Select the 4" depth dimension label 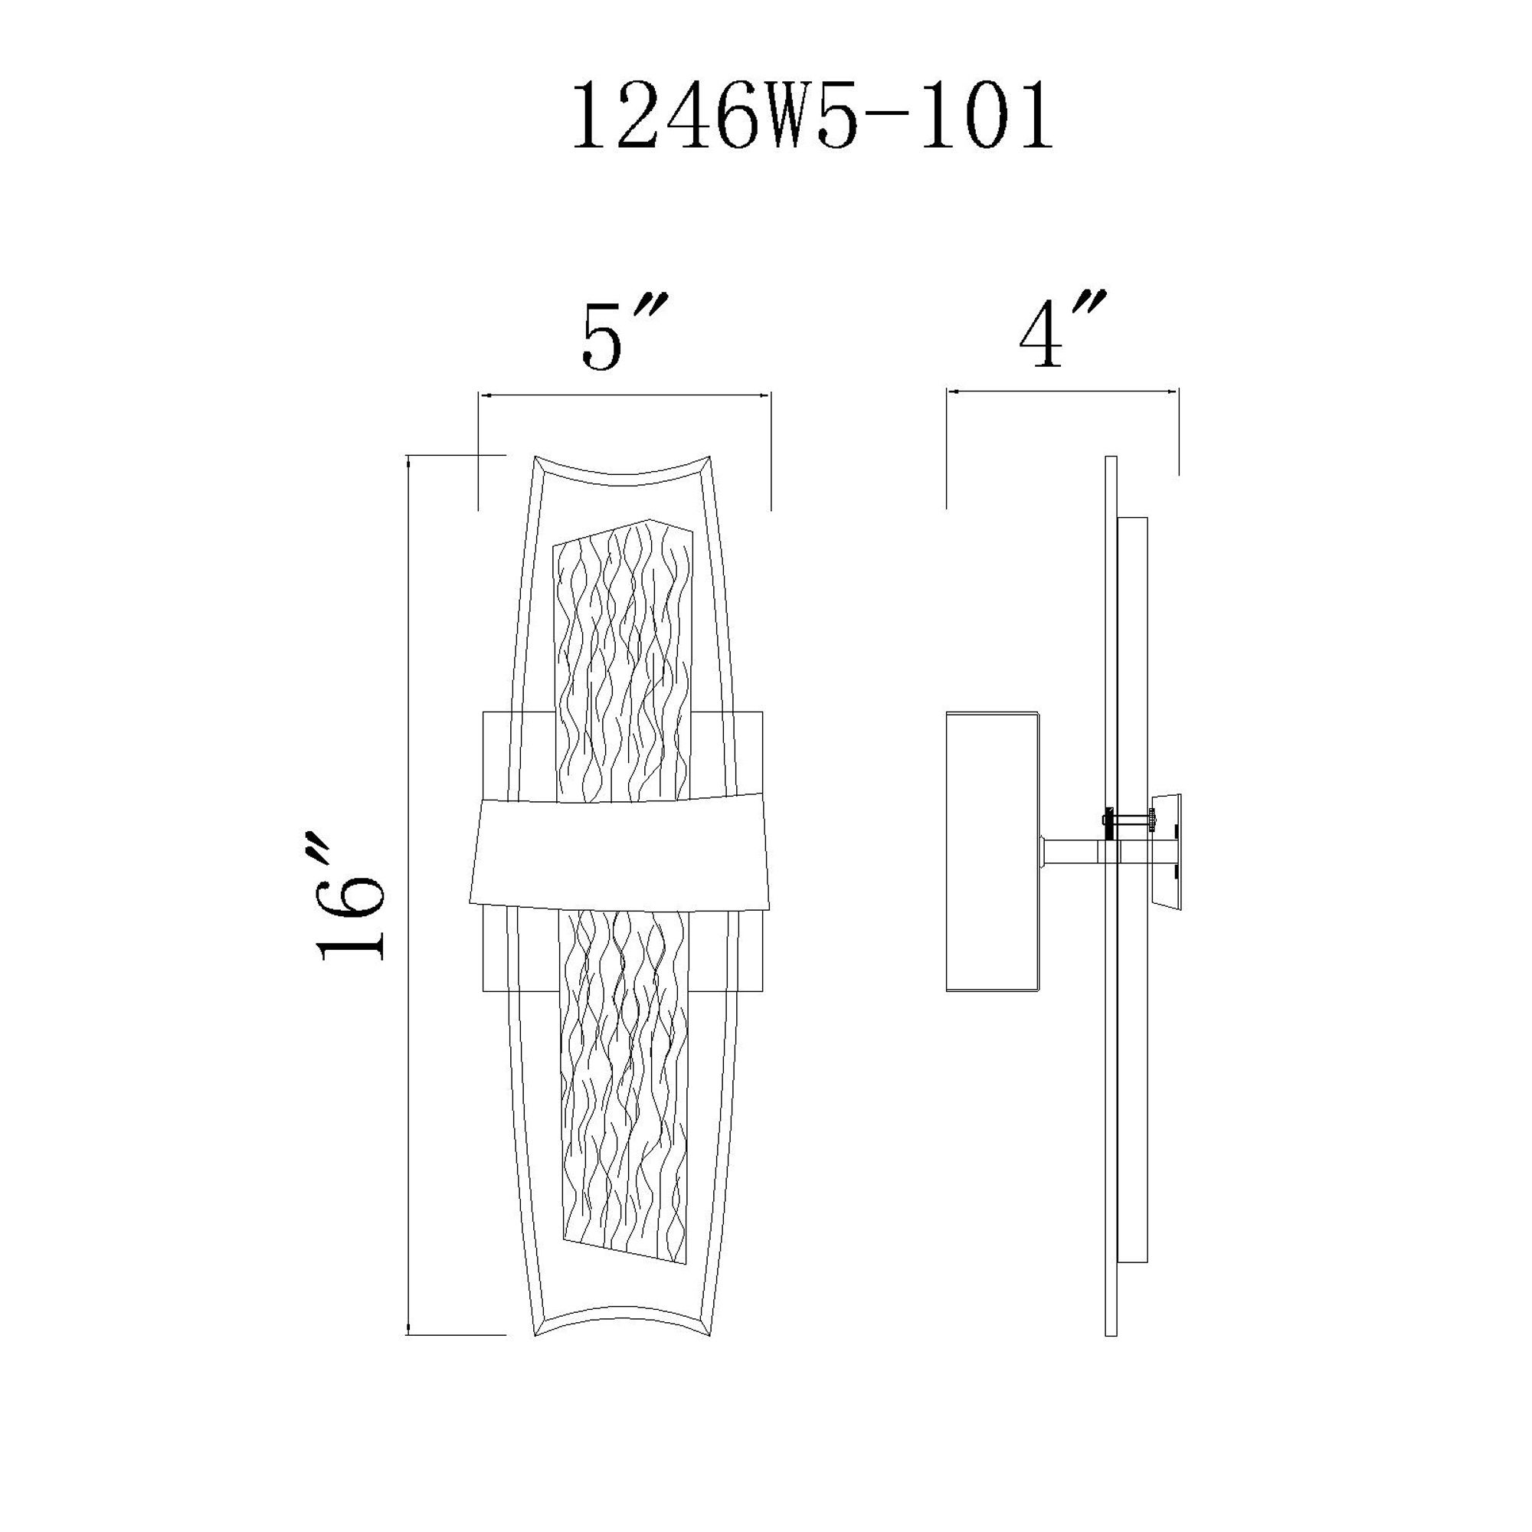click(x=1061, y=332)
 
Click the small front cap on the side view click(x=1168, y=853)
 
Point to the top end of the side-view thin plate click(x=1110, y=458)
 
